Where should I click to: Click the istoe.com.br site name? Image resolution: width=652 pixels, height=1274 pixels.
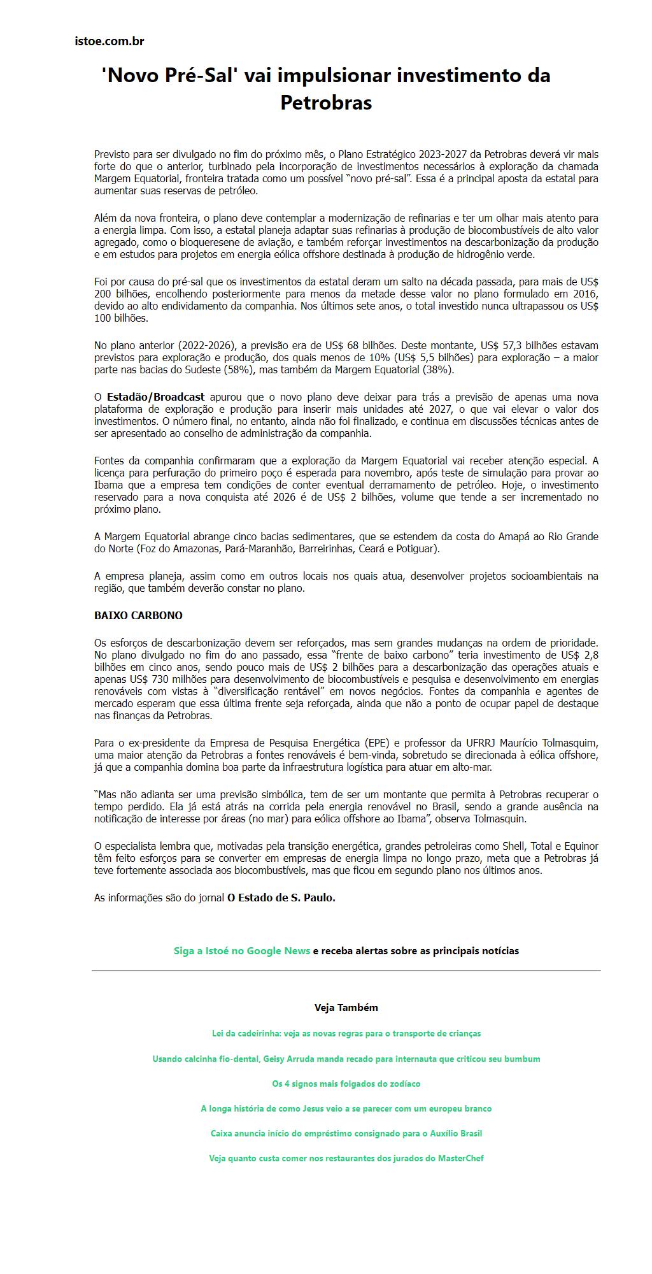click(110, 41)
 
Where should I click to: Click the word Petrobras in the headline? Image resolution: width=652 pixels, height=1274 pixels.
click(326, 103)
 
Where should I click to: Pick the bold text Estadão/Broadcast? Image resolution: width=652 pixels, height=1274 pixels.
click(155, 397)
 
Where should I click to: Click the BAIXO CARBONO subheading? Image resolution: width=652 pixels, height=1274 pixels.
click(138, 616)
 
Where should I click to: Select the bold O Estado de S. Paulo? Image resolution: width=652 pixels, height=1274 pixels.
click(281, 898)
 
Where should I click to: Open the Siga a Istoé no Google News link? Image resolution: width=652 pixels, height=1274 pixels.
click(242, 951)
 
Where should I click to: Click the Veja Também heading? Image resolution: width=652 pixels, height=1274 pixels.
click(346, 1008)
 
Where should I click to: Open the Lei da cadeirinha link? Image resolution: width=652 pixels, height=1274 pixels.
click(346, 1034)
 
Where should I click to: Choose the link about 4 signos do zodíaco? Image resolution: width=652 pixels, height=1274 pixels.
click(346, 1084)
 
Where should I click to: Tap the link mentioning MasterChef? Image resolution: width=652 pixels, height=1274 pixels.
click(346, 1159)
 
